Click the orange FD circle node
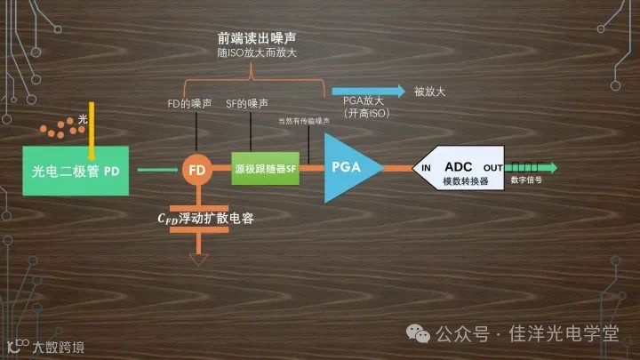tap(198, 168)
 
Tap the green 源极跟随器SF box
tap(265, 168)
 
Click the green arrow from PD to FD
tap(155, 168)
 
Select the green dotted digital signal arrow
tap(533, 167)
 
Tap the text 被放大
tap(428, 90)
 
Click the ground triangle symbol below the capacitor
tap(198, 260)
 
